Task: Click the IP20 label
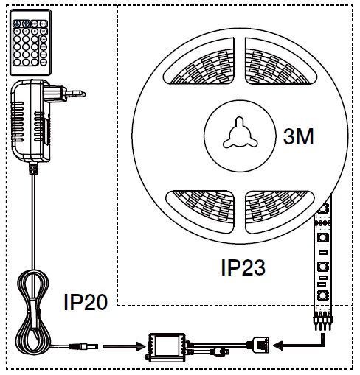click(x=86, y=302)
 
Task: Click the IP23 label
click(x=243, y=267)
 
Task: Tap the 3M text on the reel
click(x=298, y=136)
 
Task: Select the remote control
click(x=30, y=42)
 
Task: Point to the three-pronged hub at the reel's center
click(x=240, y=133)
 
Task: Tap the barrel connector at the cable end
click(x=83, y=346)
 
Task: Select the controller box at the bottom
click(x=167, y=347)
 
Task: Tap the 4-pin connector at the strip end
click(x=323, y=320)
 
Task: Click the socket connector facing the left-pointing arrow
click(x=261, y=346)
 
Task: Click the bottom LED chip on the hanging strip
click(x=322, y=295)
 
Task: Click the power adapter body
click(x=31, y=120)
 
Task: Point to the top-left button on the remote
click(x=17, y=24)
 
